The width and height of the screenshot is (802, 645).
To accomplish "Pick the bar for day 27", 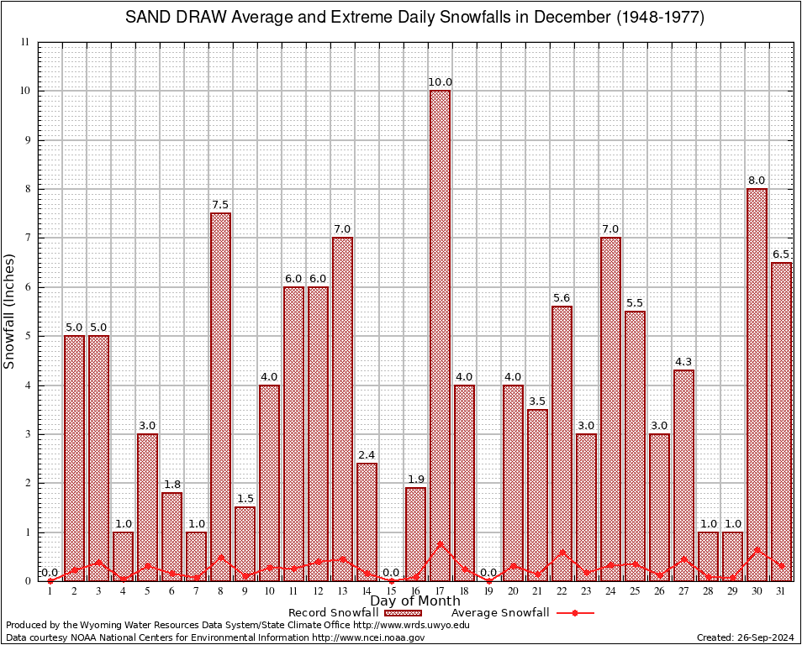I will [x=683, y=470].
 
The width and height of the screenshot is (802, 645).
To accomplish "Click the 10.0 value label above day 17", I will [x=440, y=82].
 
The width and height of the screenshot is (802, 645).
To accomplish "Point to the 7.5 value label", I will [x=220, y=205].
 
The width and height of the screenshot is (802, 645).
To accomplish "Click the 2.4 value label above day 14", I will [x=367, y=455].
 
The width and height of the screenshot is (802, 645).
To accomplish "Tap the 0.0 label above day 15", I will [x=391, y=573].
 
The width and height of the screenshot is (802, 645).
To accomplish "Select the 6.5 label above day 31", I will [x=781, y=254].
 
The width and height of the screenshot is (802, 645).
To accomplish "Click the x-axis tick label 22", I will [x=562, y=591].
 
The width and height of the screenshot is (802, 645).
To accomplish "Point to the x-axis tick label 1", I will [x=50, y=591].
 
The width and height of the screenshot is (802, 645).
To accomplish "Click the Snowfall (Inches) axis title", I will [x=10, y=311].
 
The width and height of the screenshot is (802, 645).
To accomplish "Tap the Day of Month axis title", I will [x=414, y=600].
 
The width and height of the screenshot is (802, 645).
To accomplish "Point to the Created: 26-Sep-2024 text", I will [x=746, y=638].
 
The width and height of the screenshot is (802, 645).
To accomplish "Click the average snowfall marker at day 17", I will [x=440, y=543].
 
